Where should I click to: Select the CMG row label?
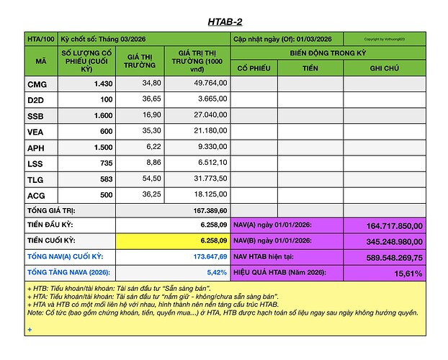click(37, 84)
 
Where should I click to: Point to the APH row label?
click(37, 147)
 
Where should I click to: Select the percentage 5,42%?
click(216, 273)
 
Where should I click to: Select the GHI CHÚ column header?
click(382, 68)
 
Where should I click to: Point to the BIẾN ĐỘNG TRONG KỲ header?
click(328, 53)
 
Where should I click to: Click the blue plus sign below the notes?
click(30, 330)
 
